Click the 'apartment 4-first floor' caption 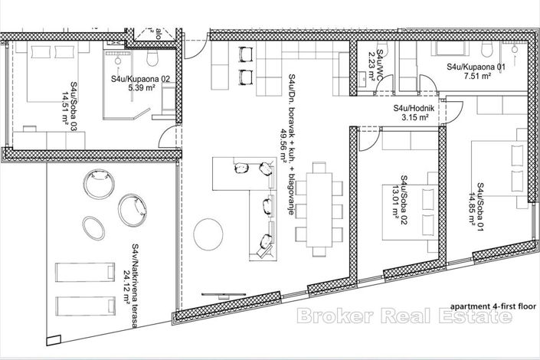(x=483, y=306)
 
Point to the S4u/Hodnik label (x=415, y=108)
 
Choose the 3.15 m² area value (x=414, y=118)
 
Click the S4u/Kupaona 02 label (x=139, y=79)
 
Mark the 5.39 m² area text (x=141, y=89)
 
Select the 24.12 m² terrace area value (x=125, y=287)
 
